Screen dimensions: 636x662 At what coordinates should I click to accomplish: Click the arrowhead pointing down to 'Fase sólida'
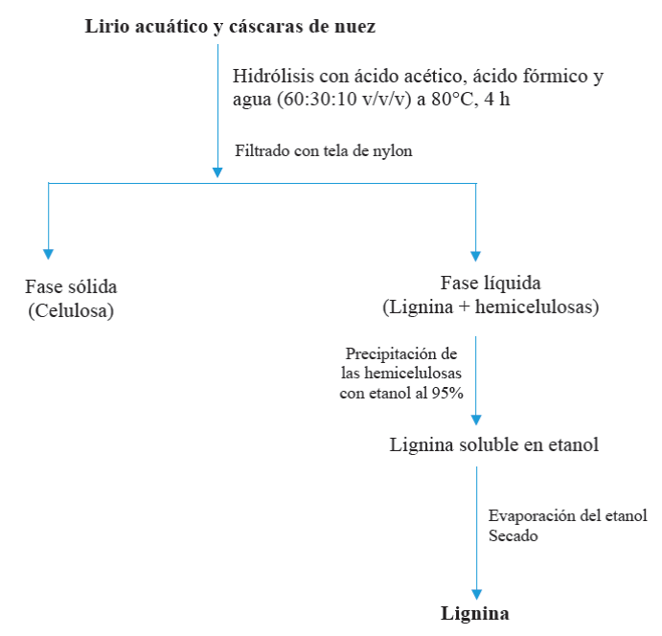(48, 254)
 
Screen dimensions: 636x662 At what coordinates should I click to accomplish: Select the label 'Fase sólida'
(78, 287)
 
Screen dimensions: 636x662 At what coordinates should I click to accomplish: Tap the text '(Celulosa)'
(71, 310)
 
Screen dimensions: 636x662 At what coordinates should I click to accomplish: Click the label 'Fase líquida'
(491, 284)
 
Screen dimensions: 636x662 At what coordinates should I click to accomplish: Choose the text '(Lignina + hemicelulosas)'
(491, 307)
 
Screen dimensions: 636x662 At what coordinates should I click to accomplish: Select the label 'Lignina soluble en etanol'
(494, 445)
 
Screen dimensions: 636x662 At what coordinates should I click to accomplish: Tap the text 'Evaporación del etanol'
(567, 515)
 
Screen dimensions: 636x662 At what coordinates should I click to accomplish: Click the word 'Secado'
(514, 536)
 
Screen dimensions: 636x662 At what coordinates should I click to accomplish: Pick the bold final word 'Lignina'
(475, 614)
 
